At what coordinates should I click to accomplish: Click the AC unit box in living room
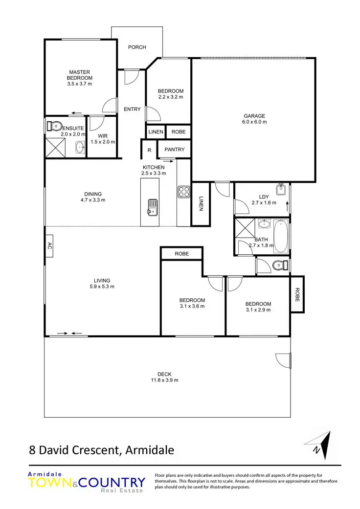(x=49, y=246)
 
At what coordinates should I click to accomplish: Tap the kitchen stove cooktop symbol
(x=183, y=191)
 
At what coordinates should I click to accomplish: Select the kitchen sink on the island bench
(x=152, y=206)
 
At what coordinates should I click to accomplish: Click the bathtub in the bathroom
(x=281, y=237)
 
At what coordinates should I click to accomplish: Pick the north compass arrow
(x=321, y=445)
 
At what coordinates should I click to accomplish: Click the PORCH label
(x=137, y=47)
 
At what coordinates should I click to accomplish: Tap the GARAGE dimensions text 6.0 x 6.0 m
(x=255, y=122)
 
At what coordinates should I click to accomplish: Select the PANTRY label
(x=174, y=150)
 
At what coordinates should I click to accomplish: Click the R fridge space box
(x=149, y=150)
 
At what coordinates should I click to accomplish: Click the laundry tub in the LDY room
(x=281, y=189)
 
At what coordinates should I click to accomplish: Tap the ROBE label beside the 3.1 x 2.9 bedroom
(x=297, y=294)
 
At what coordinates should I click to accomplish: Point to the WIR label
(x=102, y=135)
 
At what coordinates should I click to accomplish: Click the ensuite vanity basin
(x=79, y=147)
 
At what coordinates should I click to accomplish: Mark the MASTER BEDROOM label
(x=79, y=75)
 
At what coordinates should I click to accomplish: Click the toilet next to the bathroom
(x=279, y=266)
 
